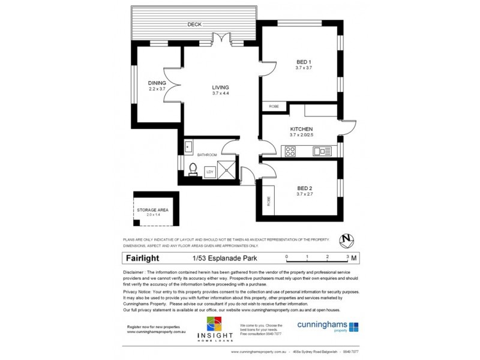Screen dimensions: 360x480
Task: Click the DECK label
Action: pyautogui.click(x=194, y=25)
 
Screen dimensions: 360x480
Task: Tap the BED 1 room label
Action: pyautogui.click(x=304, y=62)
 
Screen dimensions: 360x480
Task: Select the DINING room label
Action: pyautogui.click(x=157, y=83)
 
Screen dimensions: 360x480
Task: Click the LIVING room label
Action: pyautogui.click(x=221, y=87)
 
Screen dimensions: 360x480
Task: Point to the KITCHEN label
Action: pyautogui.click(x=301, y=129)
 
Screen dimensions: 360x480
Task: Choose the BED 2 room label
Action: pyautogui.click(x=304, y=188)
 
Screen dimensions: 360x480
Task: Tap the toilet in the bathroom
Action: pyautogui.click(x=193, y=168)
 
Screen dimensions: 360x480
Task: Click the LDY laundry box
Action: pyautogui.click(x=209, y=172)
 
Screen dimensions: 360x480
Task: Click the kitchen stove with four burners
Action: pyautogui.click(x=290, y=151)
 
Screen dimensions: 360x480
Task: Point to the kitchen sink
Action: pyautogui.click(x=324, y=151)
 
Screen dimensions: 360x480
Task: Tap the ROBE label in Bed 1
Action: pyautogui.click(x=274, y=107)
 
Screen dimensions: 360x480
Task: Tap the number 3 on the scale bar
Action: pyautogui.click(x=347, y=256)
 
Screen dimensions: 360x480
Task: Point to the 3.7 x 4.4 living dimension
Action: pyautogui.click(x=221, y=94)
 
